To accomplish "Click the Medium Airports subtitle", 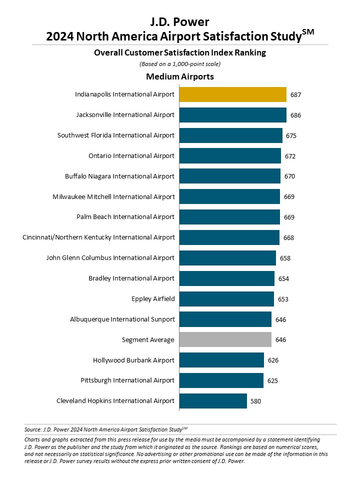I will pyautogui.click(x=179, y=75).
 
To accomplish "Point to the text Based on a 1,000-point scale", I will pyautogui.click(x=179, y=61).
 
